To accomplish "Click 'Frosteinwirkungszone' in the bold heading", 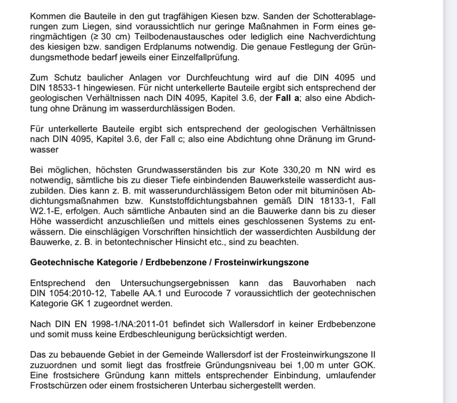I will [261, 262].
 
